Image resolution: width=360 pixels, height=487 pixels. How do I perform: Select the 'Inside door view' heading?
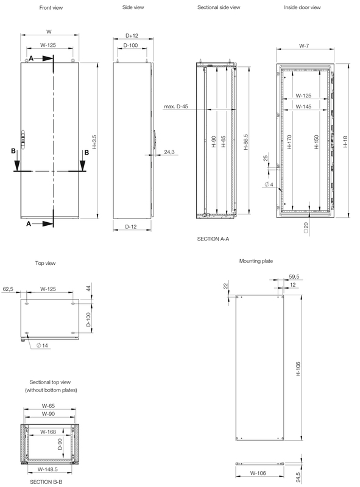pyautogui.click(x=303, y=7)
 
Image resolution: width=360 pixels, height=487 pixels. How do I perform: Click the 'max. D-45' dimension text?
pyautogui.click(x=175, y=107)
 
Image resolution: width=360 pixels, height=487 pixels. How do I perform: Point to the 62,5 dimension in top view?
pyautogui.click(x=9, y=289)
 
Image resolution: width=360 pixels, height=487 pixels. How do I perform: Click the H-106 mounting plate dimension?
pyautogui.click(x=299, y=367)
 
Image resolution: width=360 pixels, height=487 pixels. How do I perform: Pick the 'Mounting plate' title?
pyautogui.click(x=256, y=261)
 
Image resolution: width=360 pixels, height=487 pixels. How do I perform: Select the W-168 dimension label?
pyautogui.click(x=50, y=432)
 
